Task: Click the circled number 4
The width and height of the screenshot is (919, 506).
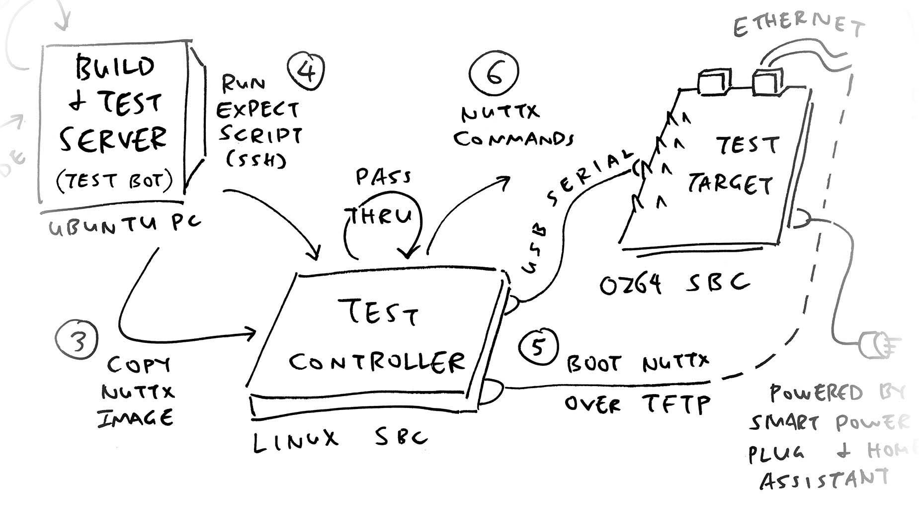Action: pos(306,71)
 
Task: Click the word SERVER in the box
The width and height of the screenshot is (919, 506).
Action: pos(113,139)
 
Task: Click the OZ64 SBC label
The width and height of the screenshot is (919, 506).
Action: pos(673,285)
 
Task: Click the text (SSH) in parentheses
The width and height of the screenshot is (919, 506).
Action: pos(256,159)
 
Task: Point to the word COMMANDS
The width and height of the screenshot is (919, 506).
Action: pos(513,139)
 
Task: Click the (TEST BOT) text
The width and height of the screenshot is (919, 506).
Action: pos(114,181)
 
